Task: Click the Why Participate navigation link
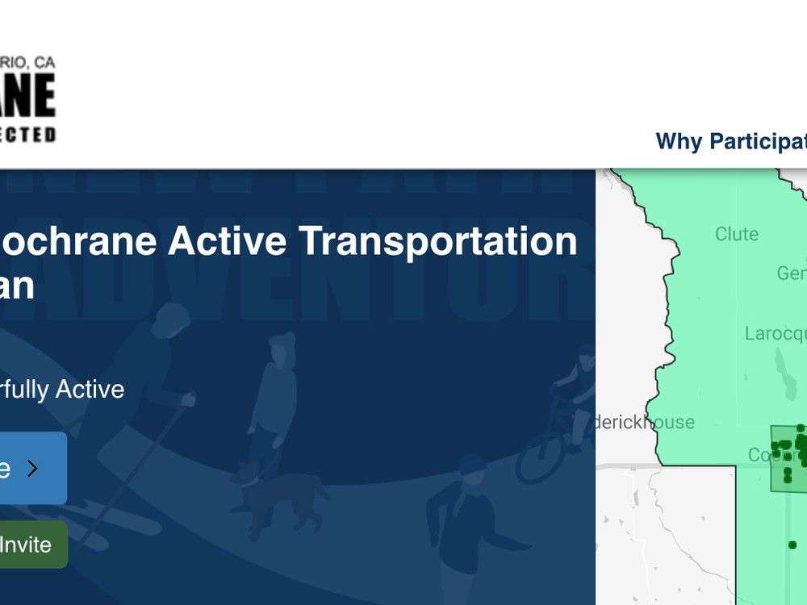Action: click(x=730, y=141)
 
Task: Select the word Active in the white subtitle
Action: click(x=89, y=390)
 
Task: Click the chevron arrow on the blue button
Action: click(x=32, y=469)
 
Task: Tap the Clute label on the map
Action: click(x=736, y=234)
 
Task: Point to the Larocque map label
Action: click(x=775, y=333)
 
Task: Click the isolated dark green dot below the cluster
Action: click(x=792, y=545)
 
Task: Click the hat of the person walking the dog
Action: click(x=282, y=340)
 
